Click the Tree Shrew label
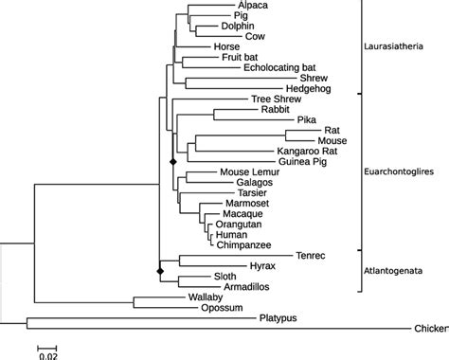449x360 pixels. click(274, 99)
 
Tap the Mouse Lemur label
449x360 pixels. click(248, 171)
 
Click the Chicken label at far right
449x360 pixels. click(431, 329)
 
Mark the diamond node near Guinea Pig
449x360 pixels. click(172, 163)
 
